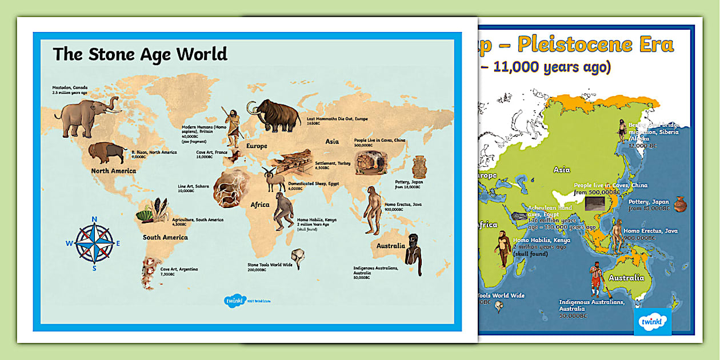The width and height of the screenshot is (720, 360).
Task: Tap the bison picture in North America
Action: (x=107, y=153)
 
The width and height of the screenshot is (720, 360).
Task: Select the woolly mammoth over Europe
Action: (x=274, y=115)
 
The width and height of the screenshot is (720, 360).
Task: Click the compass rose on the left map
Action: (x=94, y=243)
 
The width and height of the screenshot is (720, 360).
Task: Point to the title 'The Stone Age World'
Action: (x=140, y=54)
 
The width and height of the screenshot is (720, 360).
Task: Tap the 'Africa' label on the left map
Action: (x=259, y=205)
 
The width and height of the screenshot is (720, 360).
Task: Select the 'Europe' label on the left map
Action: (x=257, y=146)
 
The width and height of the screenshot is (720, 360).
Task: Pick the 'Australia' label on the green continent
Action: (x=626, y=278)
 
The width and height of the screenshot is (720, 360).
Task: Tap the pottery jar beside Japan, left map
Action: (x=419, y=167)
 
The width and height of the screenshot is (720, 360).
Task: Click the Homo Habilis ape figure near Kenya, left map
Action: (x=282, y=211)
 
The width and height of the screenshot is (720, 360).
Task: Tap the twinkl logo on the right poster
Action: (x=653, y=321)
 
